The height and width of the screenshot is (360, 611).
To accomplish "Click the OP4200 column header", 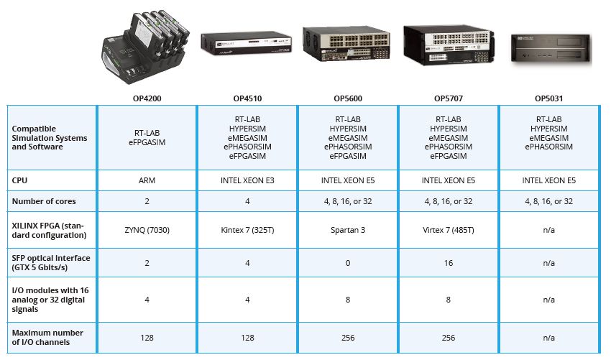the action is click(x=147, y=98).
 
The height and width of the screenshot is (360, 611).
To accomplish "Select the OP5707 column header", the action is click(x=449, y=98).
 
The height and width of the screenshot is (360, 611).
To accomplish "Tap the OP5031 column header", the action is click(x=548, y=98).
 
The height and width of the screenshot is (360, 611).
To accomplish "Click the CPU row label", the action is click(x=19, y=180).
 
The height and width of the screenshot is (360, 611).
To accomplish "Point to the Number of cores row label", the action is click(x=44, y=201).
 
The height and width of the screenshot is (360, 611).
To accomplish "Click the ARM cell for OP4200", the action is click(x=147, y=180).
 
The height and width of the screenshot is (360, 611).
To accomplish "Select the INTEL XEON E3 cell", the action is click(x=247, y=180).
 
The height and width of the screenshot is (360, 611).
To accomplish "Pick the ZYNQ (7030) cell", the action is click(x=147, y=230).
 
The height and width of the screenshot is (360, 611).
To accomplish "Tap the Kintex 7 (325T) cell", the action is click(x=247, y=230).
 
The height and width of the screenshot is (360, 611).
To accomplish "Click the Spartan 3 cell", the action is click(x=348, y=230).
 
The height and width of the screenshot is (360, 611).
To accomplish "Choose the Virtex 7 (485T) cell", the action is click(x=449, y=230).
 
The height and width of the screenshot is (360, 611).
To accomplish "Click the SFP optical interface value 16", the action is click(x=449, y=263).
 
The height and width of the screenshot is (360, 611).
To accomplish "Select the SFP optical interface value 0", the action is click(x=348, y=263).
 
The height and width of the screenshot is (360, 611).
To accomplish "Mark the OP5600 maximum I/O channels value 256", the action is click(x=348, y=338).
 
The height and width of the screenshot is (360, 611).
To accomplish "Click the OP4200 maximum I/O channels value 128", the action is click(x=147, y=338).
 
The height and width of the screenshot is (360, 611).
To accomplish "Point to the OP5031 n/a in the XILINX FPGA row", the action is click(x=548, y=230).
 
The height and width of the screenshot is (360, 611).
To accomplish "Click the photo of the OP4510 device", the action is click(x=247, y=43).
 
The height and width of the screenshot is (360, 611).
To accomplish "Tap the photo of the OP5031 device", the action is click(x=551, y=50).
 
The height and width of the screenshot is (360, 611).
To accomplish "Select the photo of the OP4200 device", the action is click(x=146, y=47).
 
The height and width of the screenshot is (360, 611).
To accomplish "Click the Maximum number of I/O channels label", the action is click(x=47, y=338).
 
